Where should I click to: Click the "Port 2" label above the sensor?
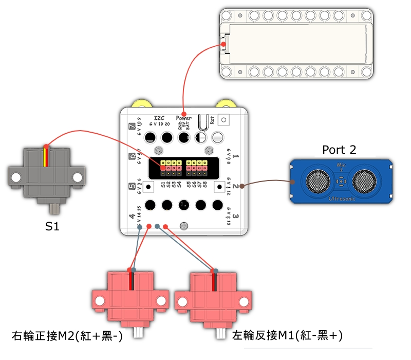339,150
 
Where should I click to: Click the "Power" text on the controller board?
183,118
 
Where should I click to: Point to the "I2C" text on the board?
160,117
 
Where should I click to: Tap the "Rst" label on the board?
212,118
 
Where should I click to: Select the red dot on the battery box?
225,45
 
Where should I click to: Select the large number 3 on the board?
234,217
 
